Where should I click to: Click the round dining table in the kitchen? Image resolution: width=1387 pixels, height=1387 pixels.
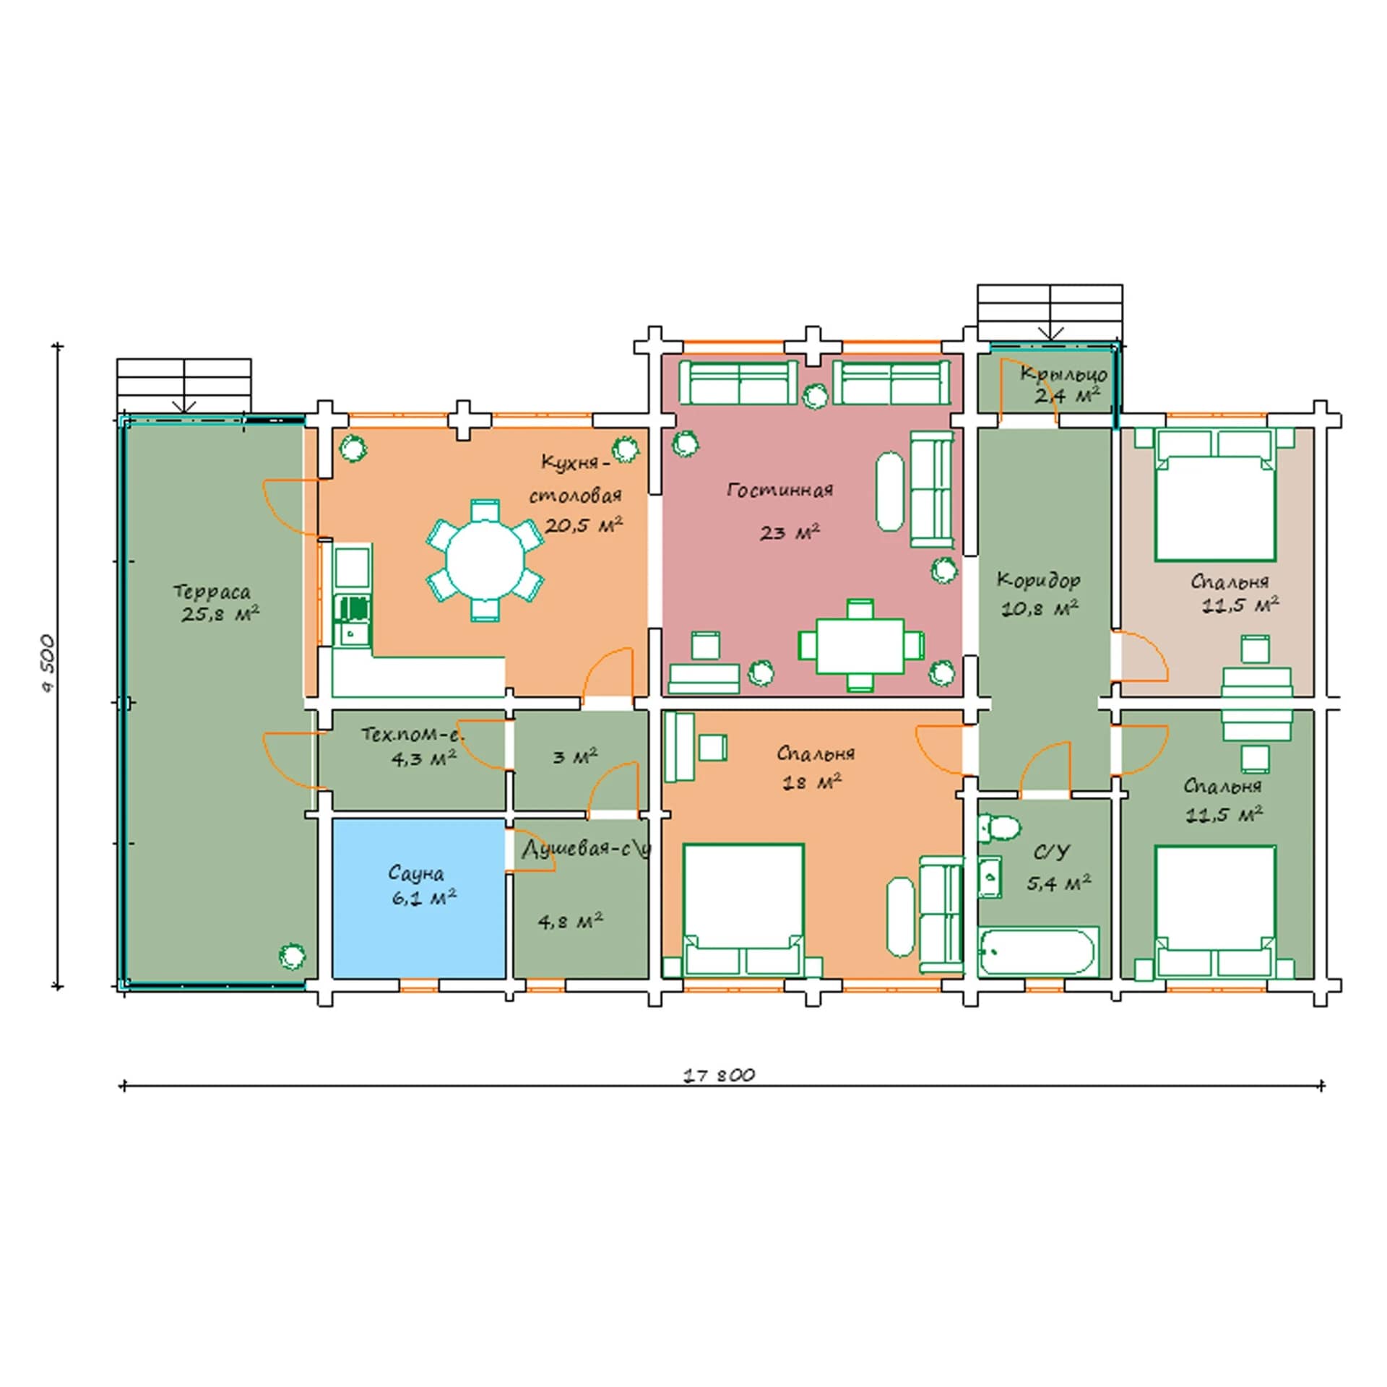tap(485, 559)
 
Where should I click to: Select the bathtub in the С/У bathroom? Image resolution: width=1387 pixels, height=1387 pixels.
tap(1037, 951)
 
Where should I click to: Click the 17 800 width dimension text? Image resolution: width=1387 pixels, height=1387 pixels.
tap(720, 1075)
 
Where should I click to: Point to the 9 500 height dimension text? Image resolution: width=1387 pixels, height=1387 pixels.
tap(48, 662)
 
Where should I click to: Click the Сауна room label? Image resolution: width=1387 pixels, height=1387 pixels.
tap(415, 873)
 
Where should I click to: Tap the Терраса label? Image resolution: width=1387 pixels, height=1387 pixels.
tap(212, 592)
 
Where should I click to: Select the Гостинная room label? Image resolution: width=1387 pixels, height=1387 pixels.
tap(779, 491)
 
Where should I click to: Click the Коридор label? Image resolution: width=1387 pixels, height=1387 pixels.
tap(1039, 579)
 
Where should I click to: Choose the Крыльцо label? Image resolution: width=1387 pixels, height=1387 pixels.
tap(1063, 374)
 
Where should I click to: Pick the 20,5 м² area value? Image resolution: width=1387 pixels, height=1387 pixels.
tap(584, 525)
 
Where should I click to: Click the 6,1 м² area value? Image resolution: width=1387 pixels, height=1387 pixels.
tap(424, 898)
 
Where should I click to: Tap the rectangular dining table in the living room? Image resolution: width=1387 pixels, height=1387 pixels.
tap(860, 645)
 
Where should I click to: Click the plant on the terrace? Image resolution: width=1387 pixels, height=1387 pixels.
tap(292, 956)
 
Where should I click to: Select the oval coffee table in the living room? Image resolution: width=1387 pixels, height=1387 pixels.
tap(890, 491)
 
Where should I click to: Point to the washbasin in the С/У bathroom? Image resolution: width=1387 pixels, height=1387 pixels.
tap(990, 878)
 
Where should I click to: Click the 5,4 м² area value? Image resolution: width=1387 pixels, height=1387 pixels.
tap(1059, 883)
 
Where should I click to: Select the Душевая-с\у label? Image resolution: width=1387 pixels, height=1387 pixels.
tap(587, 849)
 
